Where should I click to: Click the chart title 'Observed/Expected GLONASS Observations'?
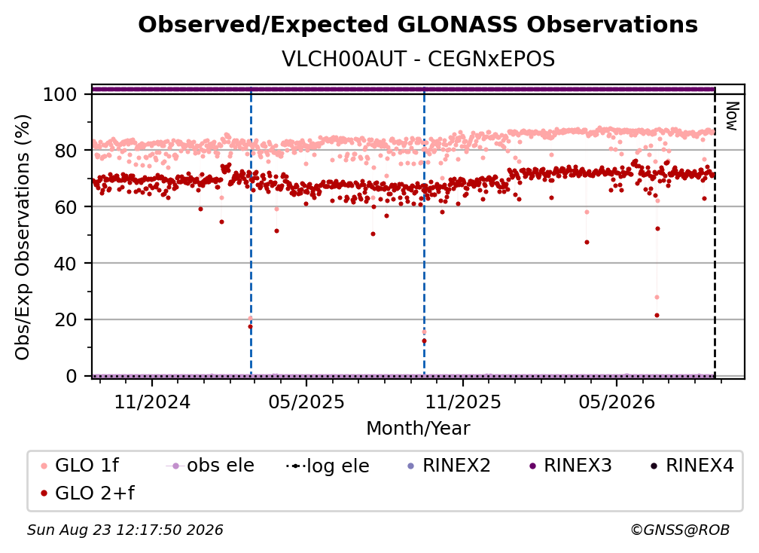418,25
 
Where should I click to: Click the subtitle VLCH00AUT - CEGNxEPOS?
418,60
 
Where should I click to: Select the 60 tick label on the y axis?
66,207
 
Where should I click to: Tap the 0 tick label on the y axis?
71,376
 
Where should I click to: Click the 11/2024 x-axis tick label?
152,402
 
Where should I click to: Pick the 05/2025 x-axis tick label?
306,402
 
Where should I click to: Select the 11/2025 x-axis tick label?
463,402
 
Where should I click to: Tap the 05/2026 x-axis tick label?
617,402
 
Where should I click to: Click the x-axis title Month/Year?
418,429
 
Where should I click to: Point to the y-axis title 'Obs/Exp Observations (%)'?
23,237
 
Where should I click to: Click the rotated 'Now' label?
732,116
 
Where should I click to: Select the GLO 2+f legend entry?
87,493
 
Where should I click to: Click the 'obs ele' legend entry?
210,466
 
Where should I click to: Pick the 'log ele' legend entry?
328,466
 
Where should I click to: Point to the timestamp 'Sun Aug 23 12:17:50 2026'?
125,530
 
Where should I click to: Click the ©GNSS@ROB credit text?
680,530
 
